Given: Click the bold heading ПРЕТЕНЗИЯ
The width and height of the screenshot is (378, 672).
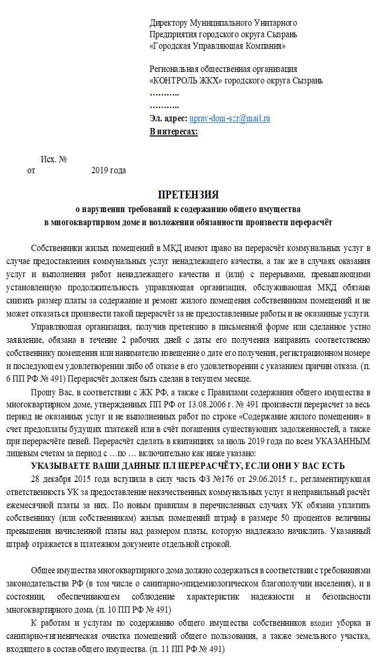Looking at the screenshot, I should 188,195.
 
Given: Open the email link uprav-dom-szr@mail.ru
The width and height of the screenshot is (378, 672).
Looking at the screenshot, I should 229,119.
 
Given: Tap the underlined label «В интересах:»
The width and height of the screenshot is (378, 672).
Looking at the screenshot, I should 174,131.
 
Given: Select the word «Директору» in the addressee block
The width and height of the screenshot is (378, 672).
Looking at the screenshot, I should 168,23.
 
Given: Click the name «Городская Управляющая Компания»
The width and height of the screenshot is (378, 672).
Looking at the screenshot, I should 218,46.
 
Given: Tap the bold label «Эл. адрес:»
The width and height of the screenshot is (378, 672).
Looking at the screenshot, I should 169,119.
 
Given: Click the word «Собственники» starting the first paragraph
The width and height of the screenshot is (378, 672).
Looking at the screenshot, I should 55,248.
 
